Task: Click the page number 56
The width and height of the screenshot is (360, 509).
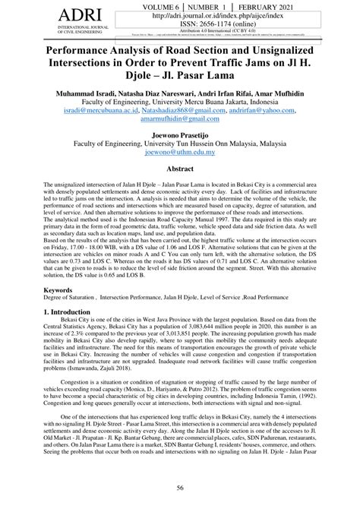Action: [x=180, y=488]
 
